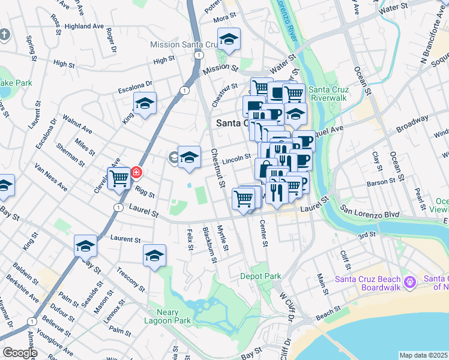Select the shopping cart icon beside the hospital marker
(x=119, y=178)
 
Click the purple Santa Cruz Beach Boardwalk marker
(x=411, y=281)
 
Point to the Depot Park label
(x=261, y=277)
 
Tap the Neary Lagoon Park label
(x=172, y=316)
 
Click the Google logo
(x=19, y=353)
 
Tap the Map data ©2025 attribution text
(x=423, y=355)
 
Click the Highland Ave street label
(x=85, y=26)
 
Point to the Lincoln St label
(x=235, y=158)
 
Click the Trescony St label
(x=131, y=279)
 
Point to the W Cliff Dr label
(x=286, y=307)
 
